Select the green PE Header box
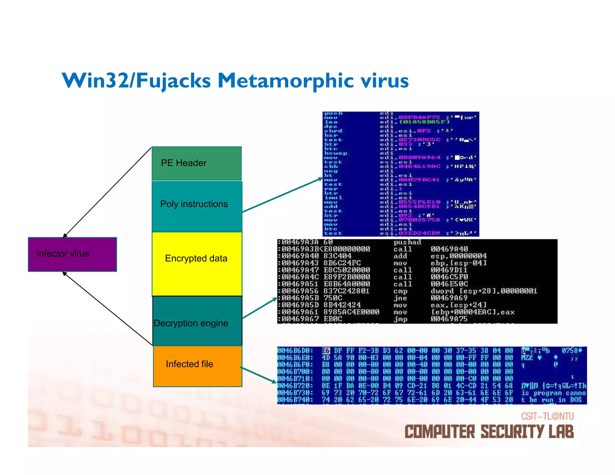196,163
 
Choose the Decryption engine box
197,321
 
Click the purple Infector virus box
72,254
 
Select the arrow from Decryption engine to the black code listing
259,308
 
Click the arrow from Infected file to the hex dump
258,375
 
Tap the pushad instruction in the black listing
407,242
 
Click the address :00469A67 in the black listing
299,319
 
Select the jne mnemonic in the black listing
400,298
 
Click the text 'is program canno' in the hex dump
553,393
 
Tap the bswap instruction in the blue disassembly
335,153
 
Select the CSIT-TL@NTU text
547,416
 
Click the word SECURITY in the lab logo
512,432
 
